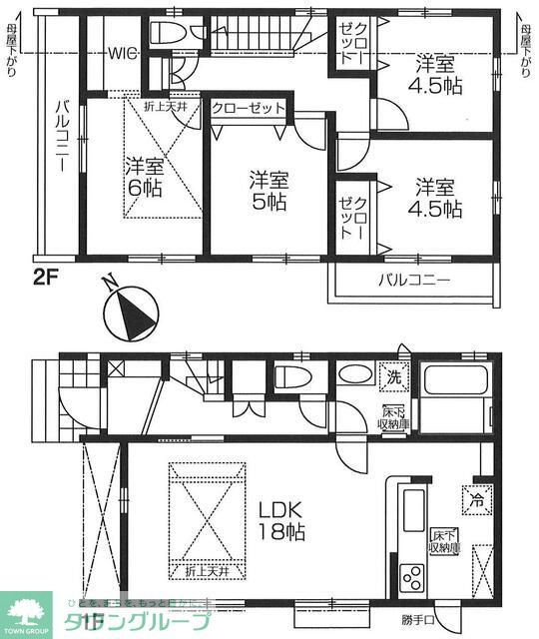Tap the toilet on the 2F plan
click(x=165, y=31)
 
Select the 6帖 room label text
click(x=146, y=176)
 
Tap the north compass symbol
click(x=131, y=311)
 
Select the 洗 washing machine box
click(x=394, y=378)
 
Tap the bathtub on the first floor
click(x=454, y=382)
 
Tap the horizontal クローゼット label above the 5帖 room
click(x=249, y=108)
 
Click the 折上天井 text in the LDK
click(x=208, y=571)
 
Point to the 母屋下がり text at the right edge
click(x=525, y=52)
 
